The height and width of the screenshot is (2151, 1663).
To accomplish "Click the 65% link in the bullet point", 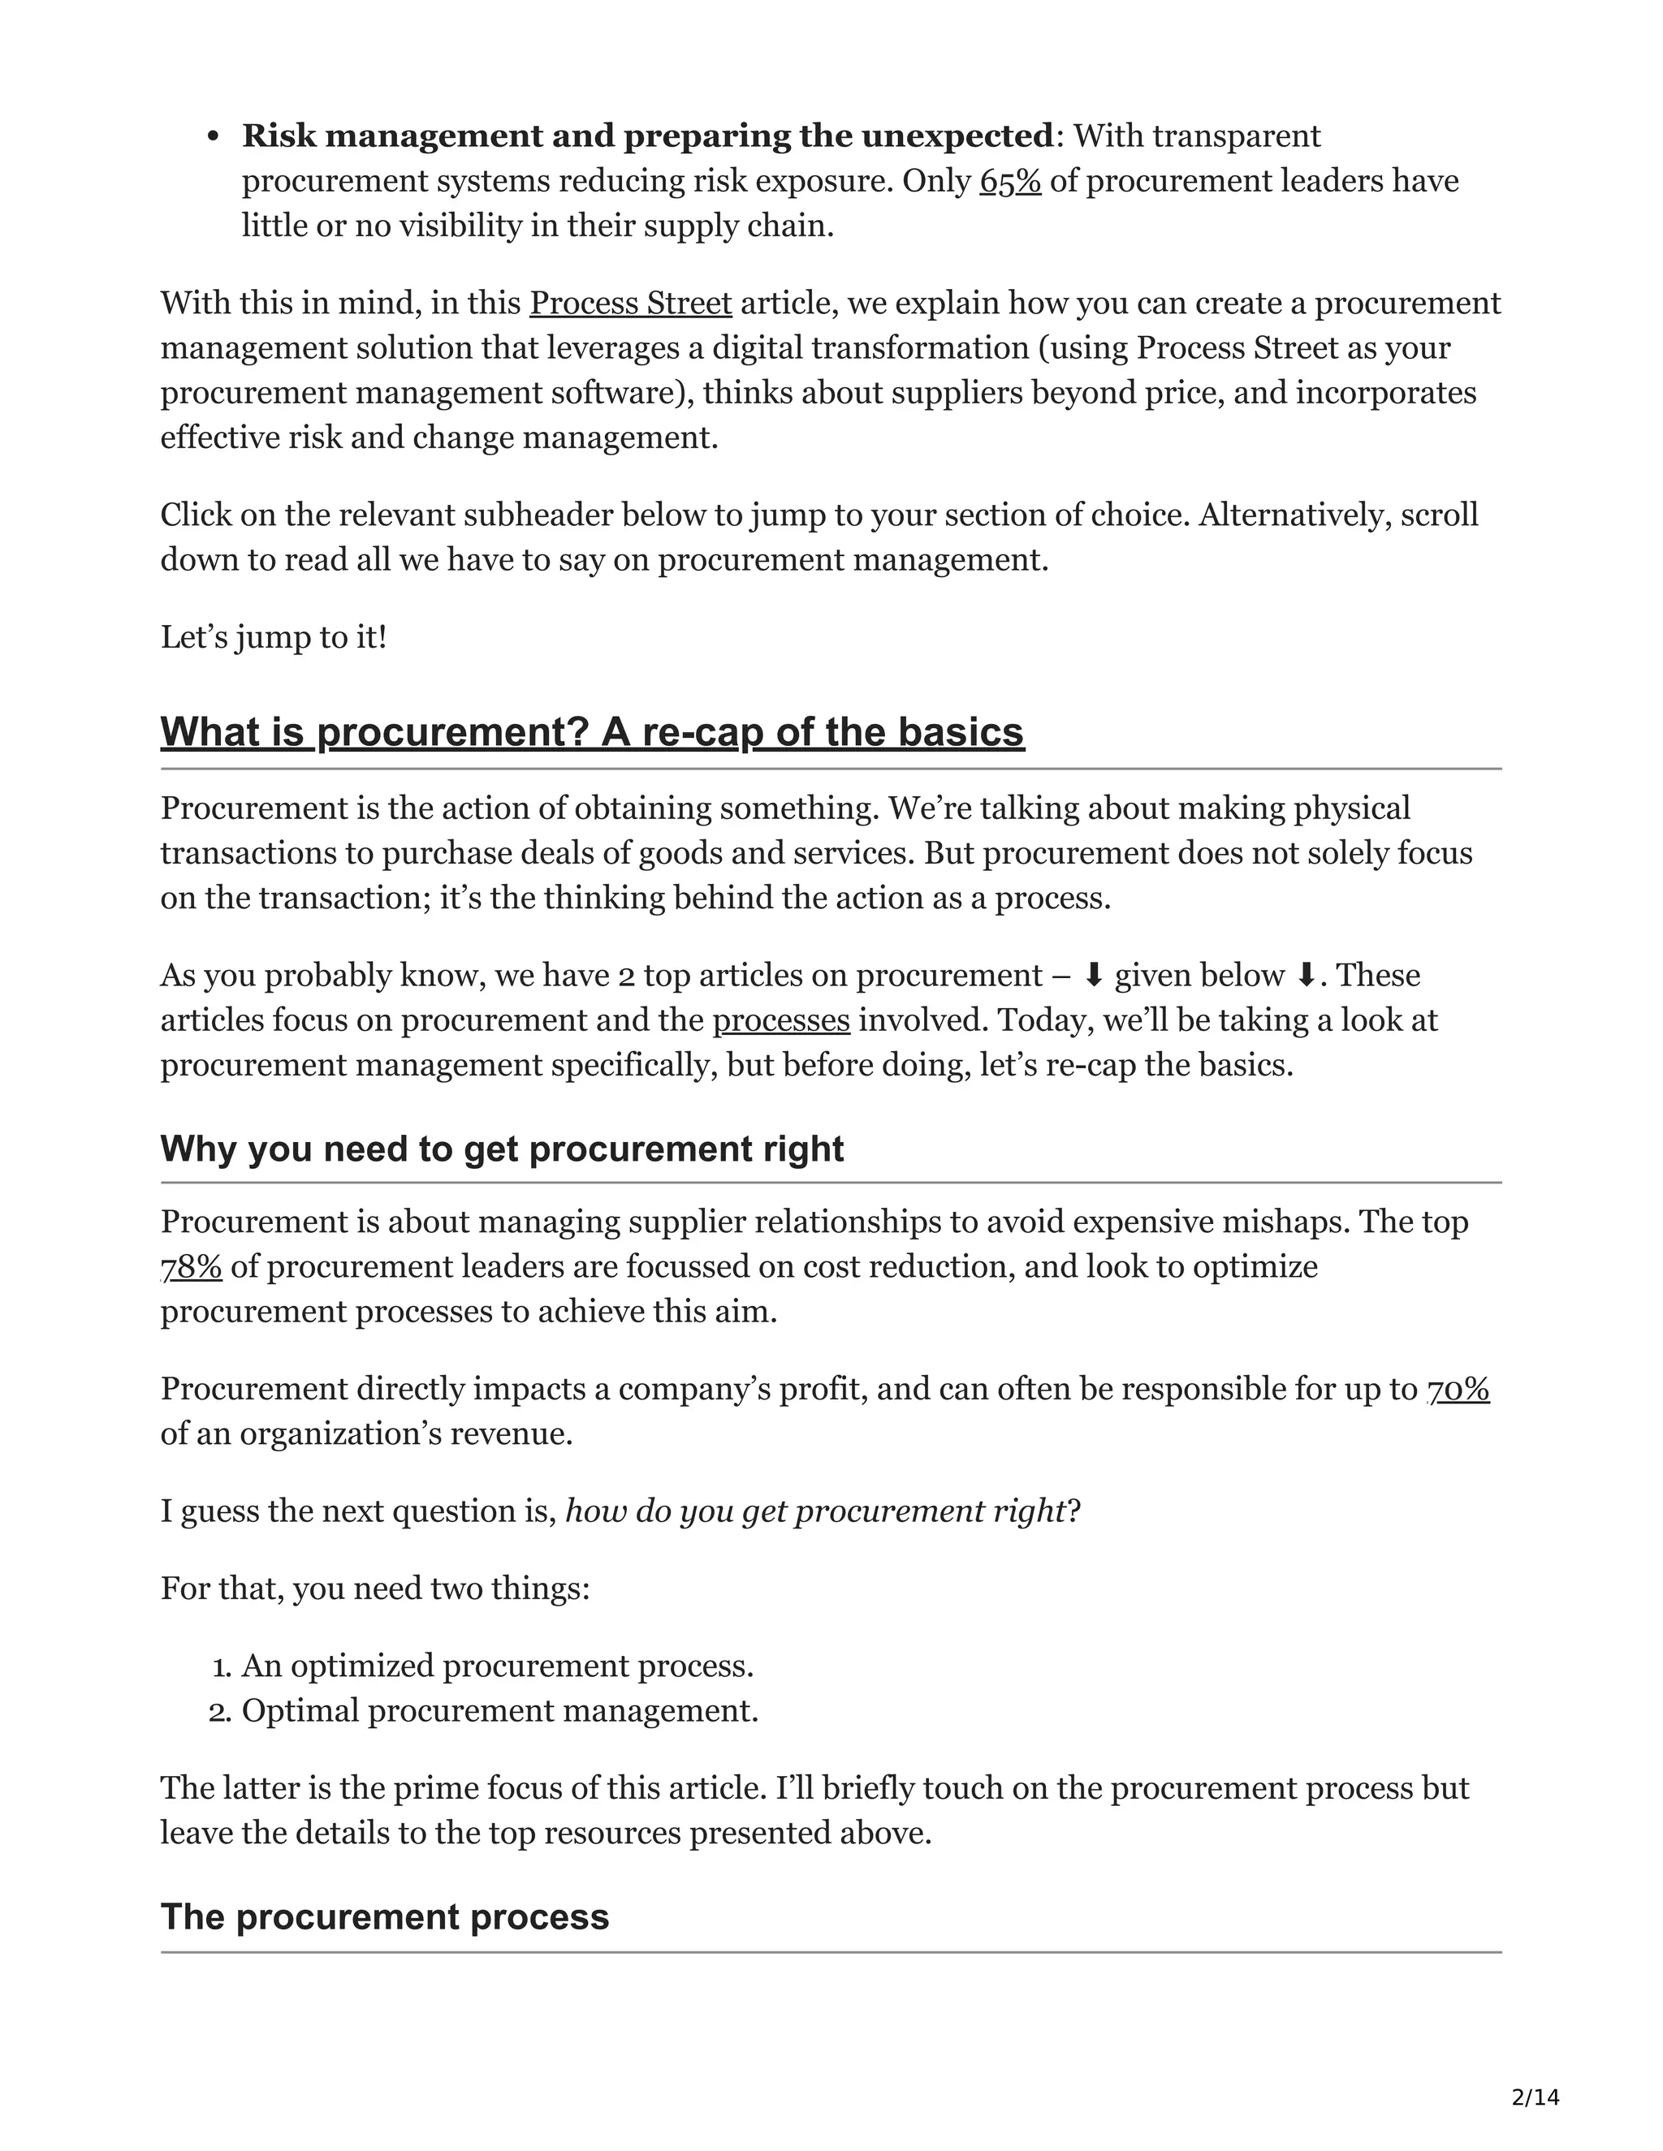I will click(1010, 181).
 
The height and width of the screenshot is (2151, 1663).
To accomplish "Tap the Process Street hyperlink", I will click(630, 303).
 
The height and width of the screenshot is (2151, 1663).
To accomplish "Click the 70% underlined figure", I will click(1459, 1389).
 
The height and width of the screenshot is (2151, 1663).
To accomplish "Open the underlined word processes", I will click(781, 1020).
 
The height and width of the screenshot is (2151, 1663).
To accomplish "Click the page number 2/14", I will click(1535, 2097).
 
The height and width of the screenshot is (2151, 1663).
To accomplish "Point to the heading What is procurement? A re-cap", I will click(592, 732).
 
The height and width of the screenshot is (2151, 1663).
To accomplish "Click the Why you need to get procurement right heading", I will click(502, 1149).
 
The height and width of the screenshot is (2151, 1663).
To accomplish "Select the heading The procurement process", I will click(384, 1916).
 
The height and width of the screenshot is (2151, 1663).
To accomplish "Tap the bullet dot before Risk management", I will click(212, 137).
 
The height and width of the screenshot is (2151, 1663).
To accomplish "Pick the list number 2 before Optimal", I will click(220, 1712).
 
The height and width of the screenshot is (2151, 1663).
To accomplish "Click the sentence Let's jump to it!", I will click(274, 637).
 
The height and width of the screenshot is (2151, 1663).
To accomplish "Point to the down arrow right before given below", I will click(1094, 975).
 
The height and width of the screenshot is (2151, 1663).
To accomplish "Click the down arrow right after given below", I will click(1307, 975).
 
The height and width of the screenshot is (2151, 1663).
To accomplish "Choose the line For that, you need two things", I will click(374, 1588).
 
